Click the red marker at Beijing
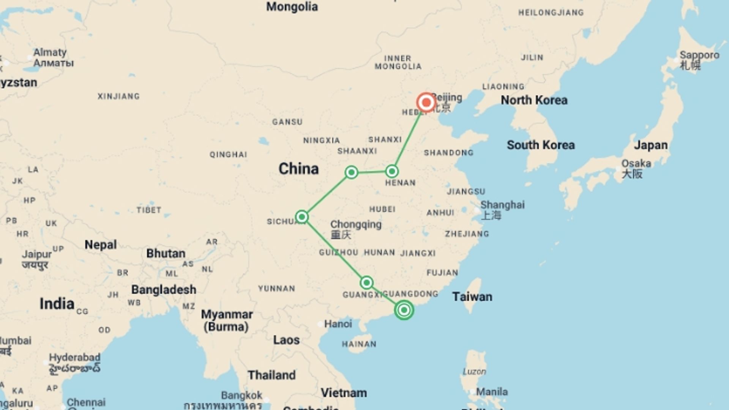(x=426, y=102)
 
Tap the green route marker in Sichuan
(x=302, y=217)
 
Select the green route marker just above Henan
(x=392, y=171)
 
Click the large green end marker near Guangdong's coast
(x=404, y=310)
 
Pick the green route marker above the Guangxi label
(x=366, y=282)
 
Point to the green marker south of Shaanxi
(x=352, y=172)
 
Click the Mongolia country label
(x=292, y=7)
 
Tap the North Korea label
(x=534, y=100)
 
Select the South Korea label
(x=541, y=145)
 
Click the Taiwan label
(x=472, y=296)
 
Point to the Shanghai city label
(x=502, y=205)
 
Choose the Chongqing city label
(x=356, y=224)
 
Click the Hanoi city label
(x=338, y=324)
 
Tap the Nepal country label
(x=100, y=245)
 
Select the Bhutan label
(x=166, y=254)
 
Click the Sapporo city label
(x=699, y=55)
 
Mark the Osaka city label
(x=636, y=164)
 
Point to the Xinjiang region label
(x=118, y=96)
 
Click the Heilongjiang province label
(x=551, y=13)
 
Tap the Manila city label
(x=492, y=391)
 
